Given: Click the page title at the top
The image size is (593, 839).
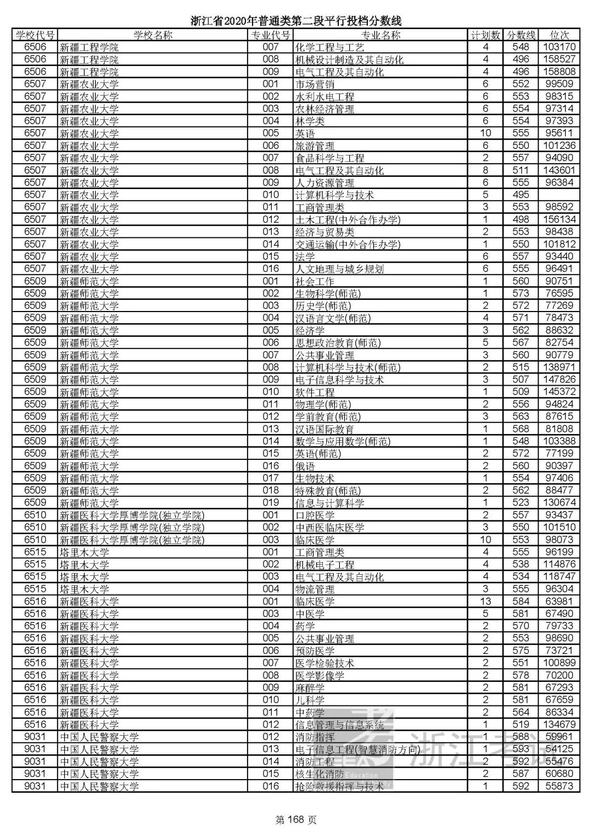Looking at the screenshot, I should (296, 21).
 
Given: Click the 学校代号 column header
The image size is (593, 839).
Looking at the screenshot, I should (35, 35).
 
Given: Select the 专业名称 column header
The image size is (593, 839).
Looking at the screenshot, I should (381, 35).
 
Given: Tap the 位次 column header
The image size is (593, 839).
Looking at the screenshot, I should (559, 35).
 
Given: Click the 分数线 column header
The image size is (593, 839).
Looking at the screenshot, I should (521, 35).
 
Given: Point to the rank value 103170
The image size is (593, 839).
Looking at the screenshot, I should (559, 47).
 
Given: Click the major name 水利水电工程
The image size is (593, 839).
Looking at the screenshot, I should (325, 97).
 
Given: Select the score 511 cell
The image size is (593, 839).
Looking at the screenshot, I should (521, 170).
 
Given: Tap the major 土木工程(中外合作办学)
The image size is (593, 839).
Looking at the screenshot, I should (348, 220).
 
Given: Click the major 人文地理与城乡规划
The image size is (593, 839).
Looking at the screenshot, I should (339, 269).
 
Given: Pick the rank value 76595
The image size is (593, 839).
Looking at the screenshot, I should (559, 293).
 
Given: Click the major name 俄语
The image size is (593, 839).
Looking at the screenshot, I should (305, 466).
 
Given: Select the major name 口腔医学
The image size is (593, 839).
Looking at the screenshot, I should (315, 515).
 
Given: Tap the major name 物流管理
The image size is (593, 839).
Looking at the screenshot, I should (315, 589).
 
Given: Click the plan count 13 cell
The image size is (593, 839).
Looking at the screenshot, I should (485, 601).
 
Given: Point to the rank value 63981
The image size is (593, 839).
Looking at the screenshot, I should (559, 601).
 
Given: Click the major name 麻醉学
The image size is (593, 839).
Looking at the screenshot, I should (310, 687).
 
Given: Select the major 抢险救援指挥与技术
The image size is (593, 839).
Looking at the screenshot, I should (339, 786).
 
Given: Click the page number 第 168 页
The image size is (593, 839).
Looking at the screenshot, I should (296, 820).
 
